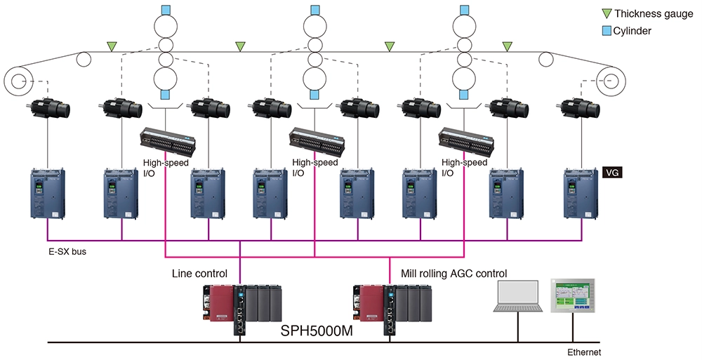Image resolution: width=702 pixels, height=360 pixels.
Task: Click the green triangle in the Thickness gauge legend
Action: (x=607, y=13)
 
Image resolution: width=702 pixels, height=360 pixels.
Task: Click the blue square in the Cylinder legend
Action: (x=607, y=31)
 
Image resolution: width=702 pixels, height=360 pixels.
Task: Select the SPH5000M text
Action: (x=317, y=331)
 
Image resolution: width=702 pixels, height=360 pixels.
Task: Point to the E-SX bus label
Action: (x=67, y=252)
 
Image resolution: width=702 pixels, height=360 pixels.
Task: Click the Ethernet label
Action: (x=584, y=352)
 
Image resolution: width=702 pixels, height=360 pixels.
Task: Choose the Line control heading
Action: (x=199, y=273)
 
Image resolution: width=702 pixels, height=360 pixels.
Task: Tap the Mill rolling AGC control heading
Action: (x=454, y=273)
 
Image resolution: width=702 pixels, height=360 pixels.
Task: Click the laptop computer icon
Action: (x=518, y=296)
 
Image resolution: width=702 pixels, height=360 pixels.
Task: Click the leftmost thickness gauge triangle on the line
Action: (x=112, y=46)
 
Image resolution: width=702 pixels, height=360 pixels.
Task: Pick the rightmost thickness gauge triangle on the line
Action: (x=508, y=46)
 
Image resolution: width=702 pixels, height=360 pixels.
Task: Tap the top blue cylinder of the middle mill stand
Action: (x=315, y=10)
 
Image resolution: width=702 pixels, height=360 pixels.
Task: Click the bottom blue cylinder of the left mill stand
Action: (x=166, y=94)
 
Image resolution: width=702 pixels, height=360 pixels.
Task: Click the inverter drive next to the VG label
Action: (x=581, y=193)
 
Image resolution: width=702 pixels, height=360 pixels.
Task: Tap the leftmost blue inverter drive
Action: (x=48, y=193)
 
